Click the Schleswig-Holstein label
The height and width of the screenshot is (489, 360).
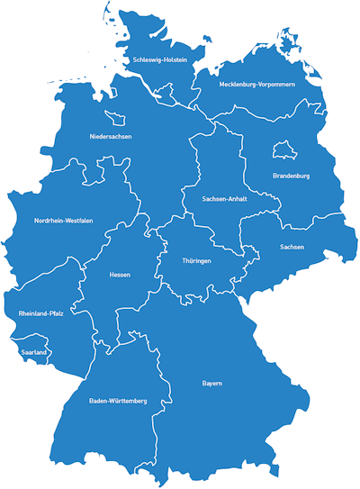[x=159, y=60]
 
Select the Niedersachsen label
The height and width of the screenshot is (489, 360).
[x=111, y=136]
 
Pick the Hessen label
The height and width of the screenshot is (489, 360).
[x=120, y=274]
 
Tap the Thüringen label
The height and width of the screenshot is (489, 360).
[x=196, y=261]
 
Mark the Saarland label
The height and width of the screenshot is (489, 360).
[x=33, y=352]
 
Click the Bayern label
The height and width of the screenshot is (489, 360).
[x=211, y=384]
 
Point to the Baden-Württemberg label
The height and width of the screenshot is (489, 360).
[x=118, y=400]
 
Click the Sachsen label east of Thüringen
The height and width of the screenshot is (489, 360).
[x=292, y=246]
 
